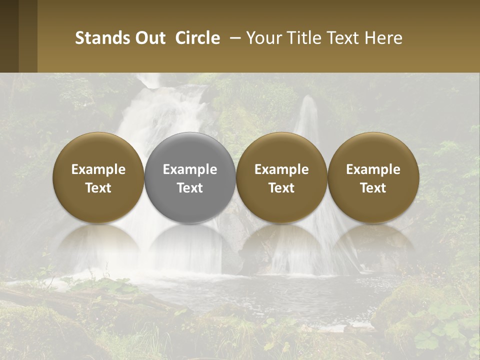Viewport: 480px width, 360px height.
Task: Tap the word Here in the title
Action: [x=383, y=38]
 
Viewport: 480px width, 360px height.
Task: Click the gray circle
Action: [x=190, y=150]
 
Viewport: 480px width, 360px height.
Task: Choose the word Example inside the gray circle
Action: [x=190, y=169]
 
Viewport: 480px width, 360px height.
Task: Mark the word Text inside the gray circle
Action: [x=190, y=188]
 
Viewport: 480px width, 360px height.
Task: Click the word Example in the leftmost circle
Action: [x=98, y=169]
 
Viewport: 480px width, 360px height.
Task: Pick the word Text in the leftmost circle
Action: [x=98, y=188]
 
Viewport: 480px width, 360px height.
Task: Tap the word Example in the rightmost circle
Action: [x=373, y=169]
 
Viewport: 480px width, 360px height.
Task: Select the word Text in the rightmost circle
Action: [x=373, y=188]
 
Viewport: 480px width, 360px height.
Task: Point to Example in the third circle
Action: [x=281, y=169]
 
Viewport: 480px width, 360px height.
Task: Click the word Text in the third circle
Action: [x=281, y=188]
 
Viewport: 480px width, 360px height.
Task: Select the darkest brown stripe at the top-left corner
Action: [x=9, y=36]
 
